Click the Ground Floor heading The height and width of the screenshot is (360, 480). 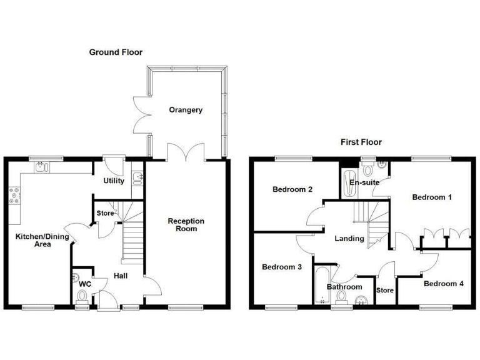tap(116, 52)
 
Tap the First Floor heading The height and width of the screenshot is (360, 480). tap(361, 142)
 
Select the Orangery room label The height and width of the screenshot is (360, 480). tap(186, 110)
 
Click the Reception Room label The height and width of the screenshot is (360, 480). tap(186, 225)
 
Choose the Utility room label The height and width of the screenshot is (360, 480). tap(114, 181)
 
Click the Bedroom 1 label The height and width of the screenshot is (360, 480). tap(432, 197)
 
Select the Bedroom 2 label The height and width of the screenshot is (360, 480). tap(292, 189)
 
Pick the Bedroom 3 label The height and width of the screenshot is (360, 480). tap(282, 267)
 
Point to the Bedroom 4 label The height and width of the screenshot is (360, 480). tap(443, 284)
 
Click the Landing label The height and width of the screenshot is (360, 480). tap(349, 238)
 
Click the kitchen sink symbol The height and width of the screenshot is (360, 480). tap(41, 166)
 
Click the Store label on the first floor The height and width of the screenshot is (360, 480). tap(384, 291)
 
